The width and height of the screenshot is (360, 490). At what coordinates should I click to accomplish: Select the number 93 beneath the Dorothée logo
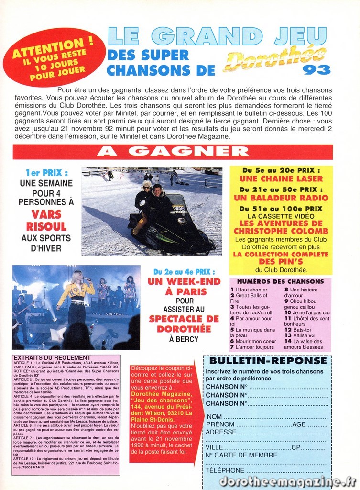coord(316,70)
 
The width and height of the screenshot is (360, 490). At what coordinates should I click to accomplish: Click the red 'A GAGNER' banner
coord(173,151)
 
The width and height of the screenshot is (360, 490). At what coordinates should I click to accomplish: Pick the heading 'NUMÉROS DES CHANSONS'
coord(280,282)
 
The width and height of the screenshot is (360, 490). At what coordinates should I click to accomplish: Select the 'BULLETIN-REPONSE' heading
coord(268,361)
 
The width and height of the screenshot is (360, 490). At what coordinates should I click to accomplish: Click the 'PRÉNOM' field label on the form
coord(221,424)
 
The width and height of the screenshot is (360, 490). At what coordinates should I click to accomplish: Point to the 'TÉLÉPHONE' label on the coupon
coord(225,470)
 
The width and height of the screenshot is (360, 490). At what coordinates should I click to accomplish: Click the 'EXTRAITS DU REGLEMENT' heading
coord(46,357)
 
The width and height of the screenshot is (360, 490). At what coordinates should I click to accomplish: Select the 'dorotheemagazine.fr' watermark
coord(288,481)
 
